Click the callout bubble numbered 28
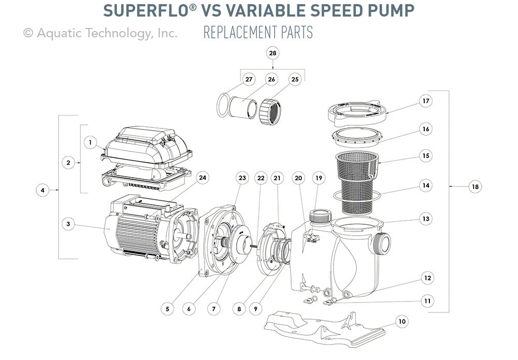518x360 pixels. (x=273, y=53)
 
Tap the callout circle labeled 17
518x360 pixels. (x=425, y=101)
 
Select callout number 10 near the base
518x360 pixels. (x=401, y=322)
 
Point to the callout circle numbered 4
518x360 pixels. (x=43, y=191)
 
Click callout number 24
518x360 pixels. (x=203, y=178)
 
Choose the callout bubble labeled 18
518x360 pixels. (x=474, y=188)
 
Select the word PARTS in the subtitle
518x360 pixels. (x=297, y=33)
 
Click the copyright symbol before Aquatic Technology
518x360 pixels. (x=28, y=33)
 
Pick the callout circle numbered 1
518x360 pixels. (x=90, y=141)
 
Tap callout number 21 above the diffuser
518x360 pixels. (x=277, y=178)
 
